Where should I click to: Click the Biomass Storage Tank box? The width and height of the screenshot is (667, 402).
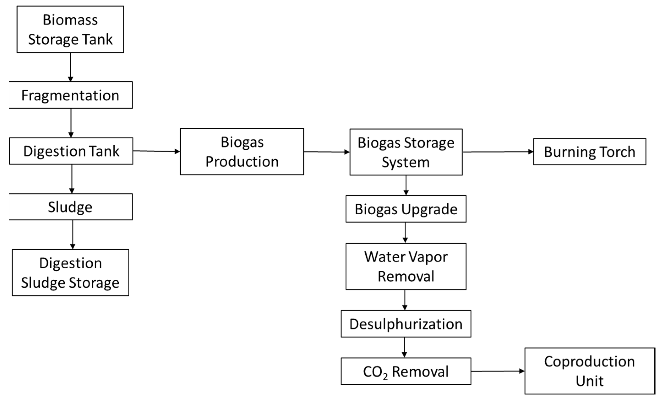[x=70, y=29]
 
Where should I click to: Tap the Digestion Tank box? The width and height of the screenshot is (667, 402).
[x=71, y=151]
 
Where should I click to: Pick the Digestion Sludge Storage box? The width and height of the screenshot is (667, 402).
[x=70, y=272]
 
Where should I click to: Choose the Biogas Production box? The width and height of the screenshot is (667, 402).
[x=242, y=151]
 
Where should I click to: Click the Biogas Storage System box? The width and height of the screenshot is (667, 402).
[x=406, y=152]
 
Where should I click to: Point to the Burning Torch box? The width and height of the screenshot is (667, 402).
[x=590, y=152]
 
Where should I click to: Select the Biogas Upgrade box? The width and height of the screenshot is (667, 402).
[x=406, y=209]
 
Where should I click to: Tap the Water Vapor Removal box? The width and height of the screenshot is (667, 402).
[x=406, y=267]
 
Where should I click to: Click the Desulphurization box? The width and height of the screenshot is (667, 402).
[x=406, y=324]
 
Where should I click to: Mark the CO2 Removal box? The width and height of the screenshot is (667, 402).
[x=406, y=371]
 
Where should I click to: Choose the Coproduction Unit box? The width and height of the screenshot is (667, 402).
[x=590, y=371]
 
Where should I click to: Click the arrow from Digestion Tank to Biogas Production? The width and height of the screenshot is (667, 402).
[x=156, y=151]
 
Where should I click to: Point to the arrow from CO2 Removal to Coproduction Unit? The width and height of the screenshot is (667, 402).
[x=498, y=371]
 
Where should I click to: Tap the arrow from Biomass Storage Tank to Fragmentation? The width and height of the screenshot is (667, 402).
[x=70, y=67]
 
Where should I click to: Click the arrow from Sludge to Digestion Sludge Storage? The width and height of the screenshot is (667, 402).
[x=73, y=234]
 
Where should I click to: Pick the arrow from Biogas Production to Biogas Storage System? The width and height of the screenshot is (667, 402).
[x=327, y=152]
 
